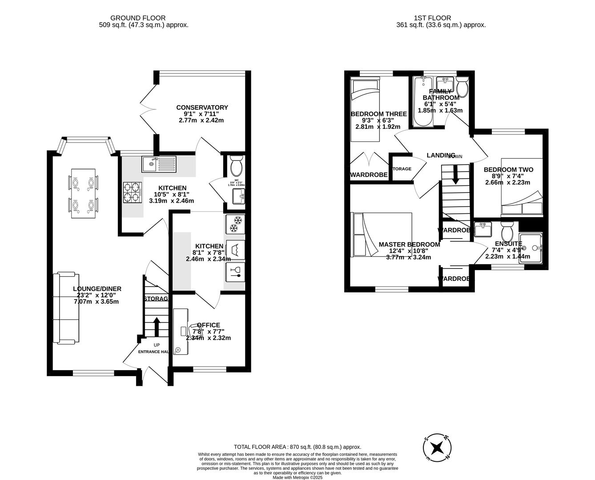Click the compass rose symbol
438,447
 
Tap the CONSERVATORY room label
202,108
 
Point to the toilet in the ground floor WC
235,167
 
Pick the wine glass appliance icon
234,271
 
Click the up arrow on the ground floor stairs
156,326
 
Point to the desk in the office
180,332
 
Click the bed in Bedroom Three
365,108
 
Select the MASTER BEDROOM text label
409,244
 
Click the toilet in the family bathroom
462,87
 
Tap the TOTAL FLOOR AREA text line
297,447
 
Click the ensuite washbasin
483,229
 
